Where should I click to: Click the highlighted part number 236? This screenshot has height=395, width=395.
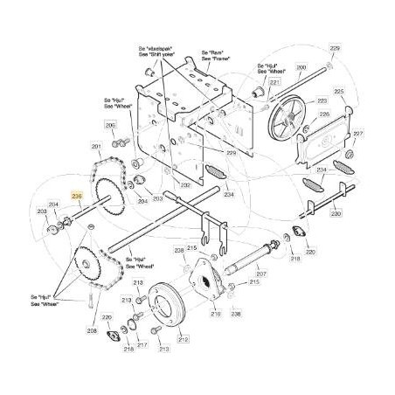(x=76, y=197)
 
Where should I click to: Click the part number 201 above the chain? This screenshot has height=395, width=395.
(x=95, y=146)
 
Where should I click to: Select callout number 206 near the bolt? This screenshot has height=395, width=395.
(x=109, y=126)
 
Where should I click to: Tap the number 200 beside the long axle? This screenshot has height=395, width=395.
(x=301, y=68)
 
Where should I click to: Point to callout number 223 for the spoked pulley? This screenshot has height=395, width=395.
(x=322, y=100)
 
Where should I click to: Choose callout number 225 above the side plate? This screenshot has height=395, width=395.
(x=339, y=92)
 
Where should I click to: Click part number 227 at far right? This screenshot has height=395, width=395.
(x=358, y=134)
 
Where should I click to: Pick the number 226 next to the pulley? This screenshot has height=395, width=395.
(x=323, y=114)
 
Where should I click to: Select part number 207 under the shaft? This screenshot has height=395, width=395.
(x=260, y=274)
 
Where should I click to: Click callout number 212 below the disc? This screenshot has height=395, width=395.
(x=183, y=339)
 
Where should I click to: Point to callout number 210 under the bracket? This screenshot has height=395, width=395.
(x=215, y=312)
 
